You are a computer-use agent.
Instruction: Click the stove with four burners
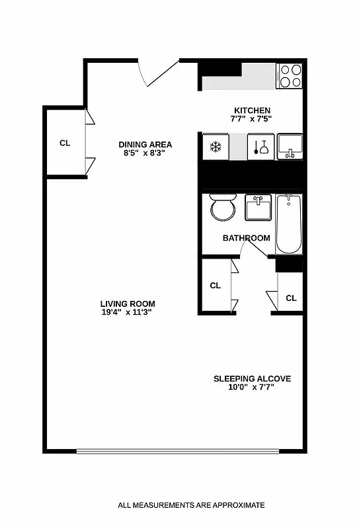point(289,75)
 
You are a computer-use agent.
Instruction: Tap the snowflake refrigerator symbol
point(215,146)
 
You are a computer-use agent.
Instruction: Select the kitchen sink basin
point(290,144)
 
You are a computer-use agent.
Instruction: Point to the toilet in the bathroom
point(222,208)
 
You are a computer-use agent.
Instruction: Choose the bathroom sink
point(258,208)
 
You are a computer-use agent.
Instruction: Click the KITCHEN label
point(252,110)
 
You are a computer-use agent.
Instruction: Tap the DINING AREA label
point(145,145)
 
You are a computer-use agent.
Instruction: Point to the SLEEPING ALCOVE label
point(252,379)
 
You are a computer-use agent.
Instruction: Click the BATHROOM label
point(246,238)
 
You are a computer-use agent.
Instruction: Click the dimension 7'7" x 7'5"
point(251,119)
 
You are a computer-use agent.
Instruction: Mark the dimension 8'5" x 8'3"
point(144,153)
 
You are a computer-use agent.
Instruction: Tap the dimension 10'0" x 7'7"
point(251,387)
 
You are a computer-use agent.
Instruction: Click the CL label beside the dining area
point(65,143)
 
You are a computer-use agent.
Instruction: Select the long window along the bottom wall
point(178,452)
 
